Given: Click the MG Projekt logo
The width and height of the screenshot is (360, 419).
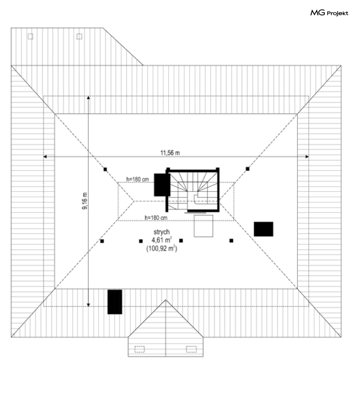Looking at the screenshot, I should tap(329, 13).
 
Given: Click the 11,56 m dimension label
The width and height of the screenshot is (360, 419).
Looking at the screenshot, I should tap(170, 152).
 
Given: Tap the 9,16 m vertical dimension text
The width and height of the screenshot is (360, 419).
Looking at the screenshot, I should tap(84, 201).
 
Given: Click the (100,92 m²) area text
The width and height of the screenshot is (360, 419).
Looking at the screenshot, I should tap(161, 249).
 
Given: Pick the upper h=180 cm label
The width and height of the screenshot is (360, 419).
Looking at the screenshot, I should tap(138, 179).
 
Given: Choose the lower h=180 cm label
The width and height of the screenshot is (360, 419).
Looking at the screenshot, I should tap(156, 217).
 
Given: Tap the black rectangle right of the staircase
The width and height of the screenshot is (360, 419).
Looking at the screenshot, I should tap(263, 229).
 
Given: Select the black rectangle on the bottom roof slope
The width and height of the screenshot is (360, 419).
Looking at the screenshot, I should tap(115, 302).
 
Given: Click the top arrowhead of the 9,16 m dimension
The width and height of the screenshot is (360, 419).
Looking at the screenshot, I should tap(89, 97).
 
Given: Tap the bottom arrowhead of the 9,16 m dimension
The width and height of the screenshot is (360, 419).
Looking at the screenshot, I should tap(89, 305).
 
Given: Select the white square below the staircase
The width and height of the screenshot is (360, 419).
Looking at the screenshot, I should tap(203, 226).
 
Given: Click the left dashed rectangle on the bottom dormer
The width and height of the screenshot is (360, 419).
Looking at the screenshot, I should tap(140, 349).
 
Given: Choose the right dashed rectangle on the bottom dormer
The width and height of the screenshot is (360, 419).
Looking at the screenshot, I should tap(191, 349).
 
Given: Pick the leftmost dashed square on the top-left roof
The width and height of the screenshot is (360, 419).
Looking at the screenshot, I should tap(30, 36).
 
